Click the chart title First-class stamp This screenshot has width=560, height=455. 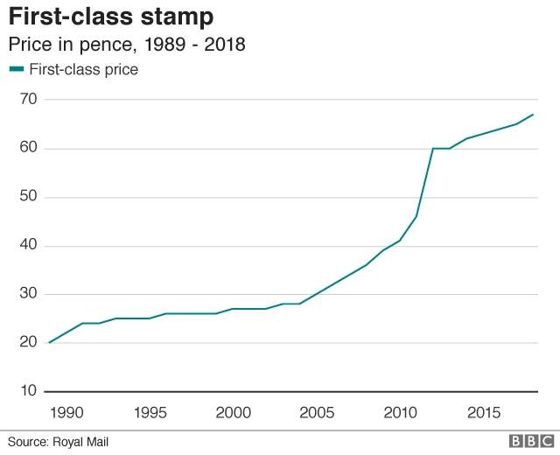pos(111,17)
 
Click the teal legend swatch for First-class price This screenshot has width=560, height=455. pos(17,69)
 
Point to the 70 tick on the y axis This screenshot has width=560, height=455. pos(29,100)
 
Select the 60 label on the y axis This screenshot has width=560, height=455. pos(29,148)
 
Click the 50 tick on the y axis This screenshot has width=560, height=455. pos(29,197)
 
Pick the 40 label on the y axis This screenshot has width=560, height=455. pos(29,245)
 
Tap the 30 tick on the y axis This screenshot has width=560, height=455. pos(29,294)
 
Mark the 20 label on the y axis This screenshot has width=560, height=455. pos(29,342)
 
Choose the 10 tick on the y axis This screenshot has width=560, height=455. pos(29,391)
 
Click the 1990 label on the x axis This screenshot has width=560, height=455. pos(66,412)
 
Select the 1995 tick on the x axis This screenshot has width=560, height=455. pos(150,412)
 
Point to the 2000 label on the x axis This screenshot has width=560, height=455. pos(234,412)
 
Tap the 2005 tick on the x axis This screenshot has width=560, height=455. pos(317,412)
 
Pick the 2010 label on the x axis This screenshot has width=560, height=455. pos(400,412)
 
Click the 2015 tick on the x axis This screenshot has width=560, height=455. pos(483,412)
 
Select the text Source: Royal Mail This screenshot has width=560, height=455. pos(59,442)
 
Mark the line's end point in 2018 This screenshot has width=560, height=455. pos(533,115)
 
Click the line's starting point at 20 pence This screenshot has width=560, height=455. pos(50,342)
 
